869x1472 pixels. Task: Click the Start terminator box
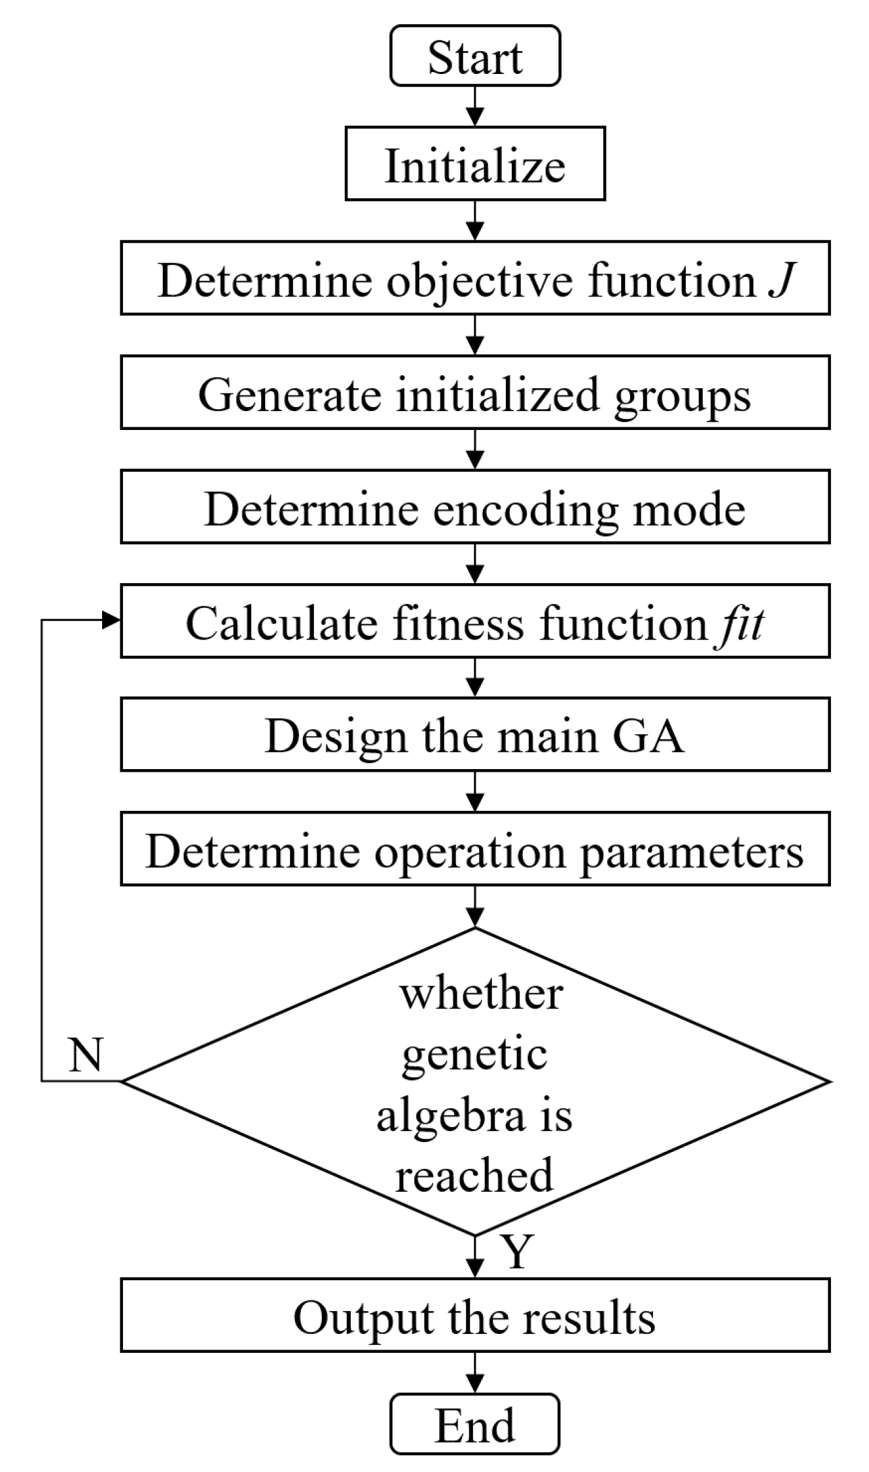click(475, 56)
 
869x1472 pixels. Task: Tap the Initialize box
click(475, 164)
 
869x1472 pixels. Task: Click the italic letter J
click(781, 280)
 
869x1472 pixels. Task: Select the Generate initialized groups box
click(475, 393)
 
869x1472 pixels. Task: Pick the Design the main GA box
click(475, 734)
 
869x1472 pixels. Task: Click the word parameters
click(692, 851)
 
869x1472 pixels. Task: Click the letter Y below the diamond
click(516, 1251)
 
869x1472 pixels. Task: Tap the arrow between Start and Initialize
click(476, 107)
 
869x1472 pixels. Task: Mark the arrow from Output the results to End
click(476, 1373)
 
